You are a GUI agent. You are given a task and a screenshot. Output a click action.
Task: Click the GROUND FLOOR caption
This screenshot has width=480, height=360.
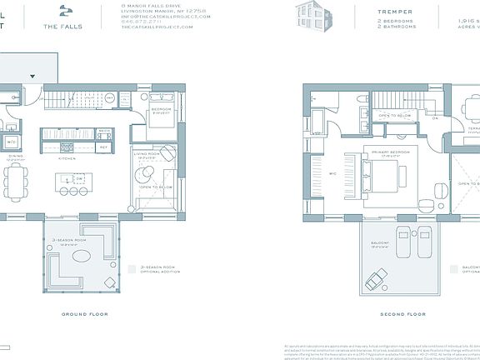84,314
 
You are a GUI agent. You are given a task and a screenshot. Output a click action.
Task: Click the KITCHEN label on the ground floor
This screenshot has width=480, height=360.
67,157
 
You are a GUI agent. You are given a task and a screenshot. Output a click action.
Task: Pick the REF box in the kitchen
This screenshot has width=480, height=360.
105,147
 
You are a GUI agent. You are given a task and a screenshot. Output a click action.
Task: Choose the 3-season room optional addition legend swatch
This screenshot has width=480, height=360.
132,269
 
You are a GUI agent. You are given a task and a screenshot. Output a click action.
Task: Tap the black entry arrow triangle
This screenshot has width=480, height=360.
33,76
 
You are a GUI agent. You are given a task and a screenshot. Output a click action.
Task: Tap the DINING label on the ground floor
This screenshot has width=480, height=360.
15,156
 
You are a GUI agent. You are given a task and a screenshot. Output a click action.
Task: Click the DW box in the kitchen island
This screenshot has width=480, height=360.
77,179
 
